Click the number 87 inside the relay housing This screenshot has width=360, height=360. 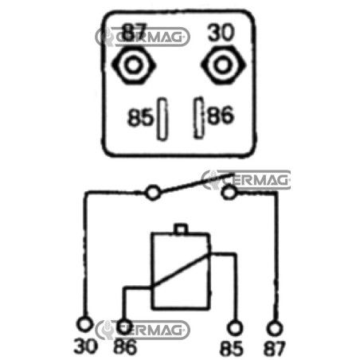point(134,32)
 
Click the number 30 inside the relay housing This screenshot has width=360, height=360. point(221,33)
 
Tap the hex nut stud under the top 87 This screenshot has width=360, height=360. point(133,65)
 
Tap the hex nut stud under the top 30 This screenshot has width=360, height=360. point(223,65)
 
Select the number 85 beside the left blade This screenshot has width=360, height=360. point(140,117)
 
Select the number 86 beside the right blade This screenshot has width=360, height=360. point(221,115)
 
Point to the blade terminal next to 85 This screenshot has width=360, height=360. point(162,119)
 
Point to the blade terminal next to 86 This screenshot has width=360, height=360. point(198,117)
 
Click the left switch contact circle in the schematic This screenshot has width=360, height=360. point(153,193)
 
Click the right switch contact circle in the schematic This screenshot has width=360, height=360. point(229,192)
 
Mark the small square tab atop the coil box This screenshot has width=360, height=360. point(181,229)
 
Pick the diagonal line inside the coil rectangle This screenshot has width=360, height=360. point(180,270)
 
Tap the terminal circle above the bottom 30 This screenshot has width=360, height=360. point(84,324)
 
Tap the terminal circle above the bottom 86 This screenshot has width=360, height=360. point(124,327)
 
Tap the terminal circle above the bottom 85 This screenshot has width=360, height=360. point(235,328)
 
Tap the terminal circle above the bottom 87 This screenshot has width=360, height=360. point(275,328)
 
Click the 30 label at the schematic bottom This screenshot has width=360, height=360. point(85,346)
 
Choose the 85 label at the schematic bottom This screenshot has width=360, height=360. point(232,348)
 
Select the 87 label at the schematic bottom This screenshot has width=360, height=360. point(274,348)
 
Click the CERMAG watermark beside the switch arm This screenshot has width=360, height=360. point(246,180)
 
